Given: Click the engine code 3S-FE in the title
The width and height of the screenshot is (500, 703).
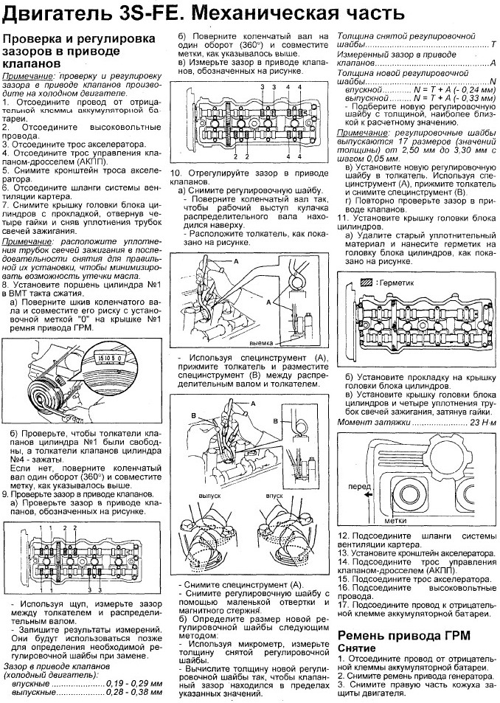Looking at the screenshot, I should click(147, 14).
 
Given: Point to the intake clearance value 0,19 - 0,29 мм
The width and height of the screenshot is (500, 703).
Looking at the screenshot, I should click(134, 684).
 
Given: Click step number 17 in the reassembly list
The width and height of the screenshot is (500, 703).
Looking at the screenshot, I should click(344, 605).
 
